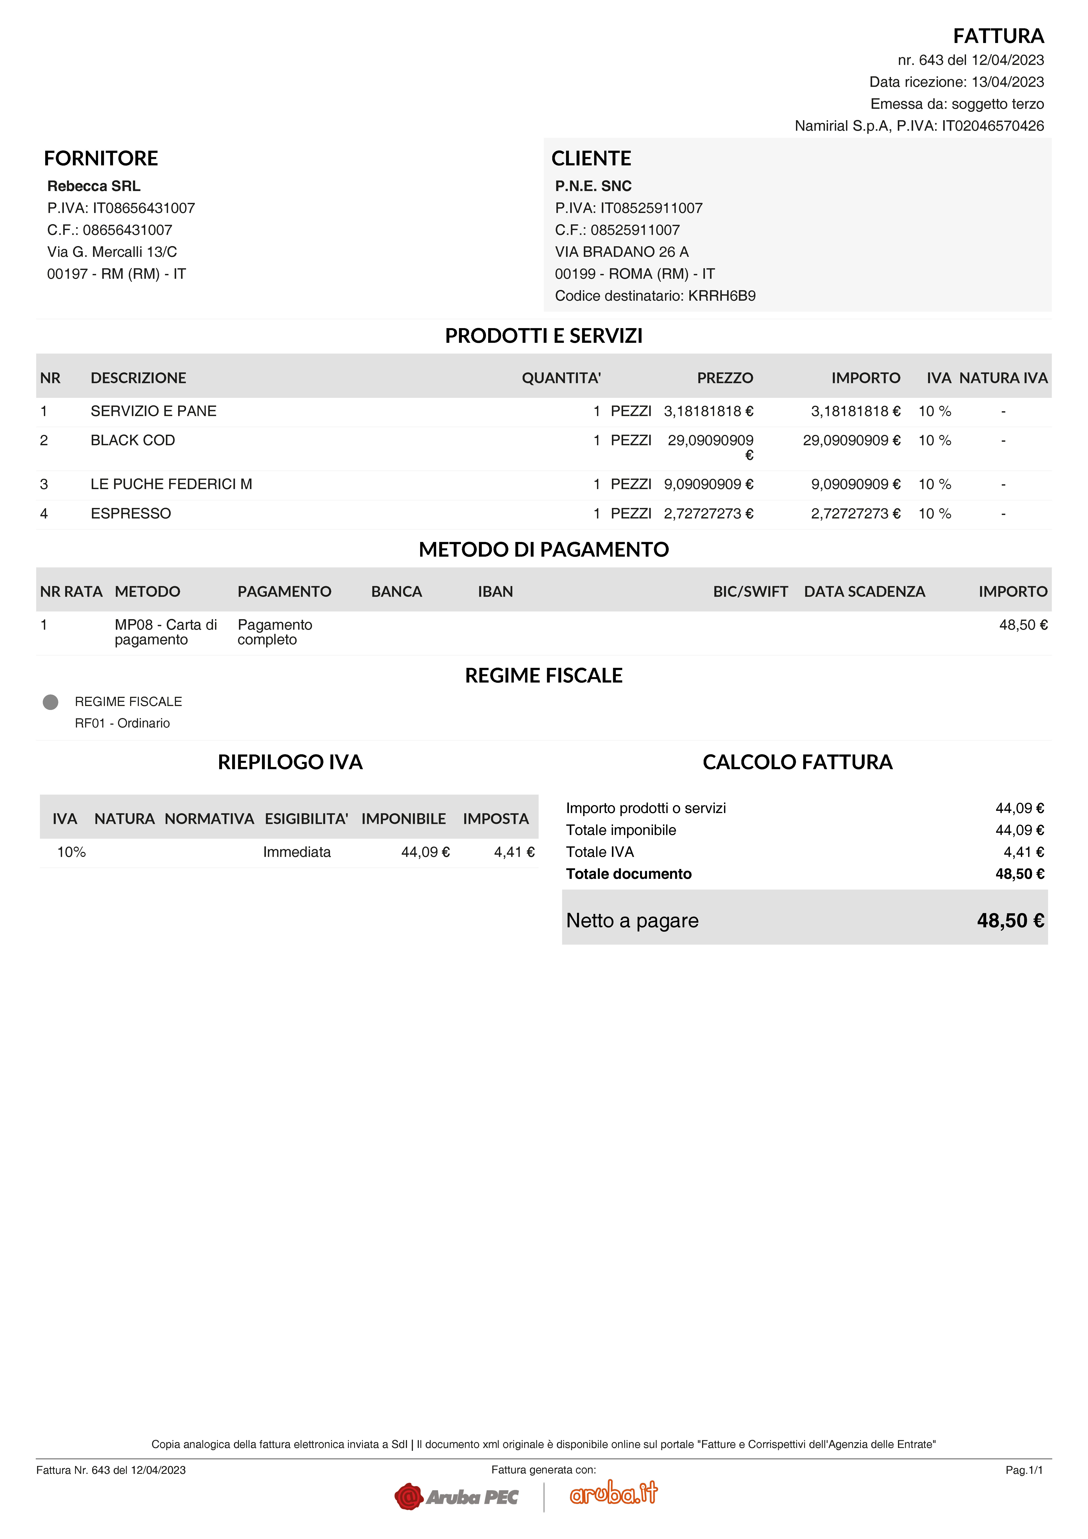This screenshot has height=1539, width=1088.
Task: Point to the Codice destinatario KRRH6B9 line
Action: click(655, 296)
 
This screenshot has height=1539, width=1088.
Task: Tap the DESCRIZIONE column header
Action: click(138, 378)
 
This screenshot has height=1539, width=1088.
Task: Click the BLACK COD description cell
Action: click(133, 440)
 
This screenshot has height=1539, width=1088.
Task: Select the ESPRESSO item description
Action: click(131, 513)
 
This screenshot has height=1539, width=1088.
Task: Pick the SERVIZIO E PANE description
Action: click(154, 411)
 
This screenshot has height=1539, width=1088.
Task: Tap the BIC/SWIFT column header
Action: click(750, 592)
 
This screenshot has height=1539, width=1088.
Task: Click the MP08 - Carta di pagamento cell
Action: click(166, 632)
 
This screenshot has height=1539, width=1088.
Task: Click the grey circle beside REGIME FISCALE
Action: click(50, 702)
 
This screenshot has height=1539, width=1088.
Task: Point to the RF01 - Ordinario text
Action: click(122, 723)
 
